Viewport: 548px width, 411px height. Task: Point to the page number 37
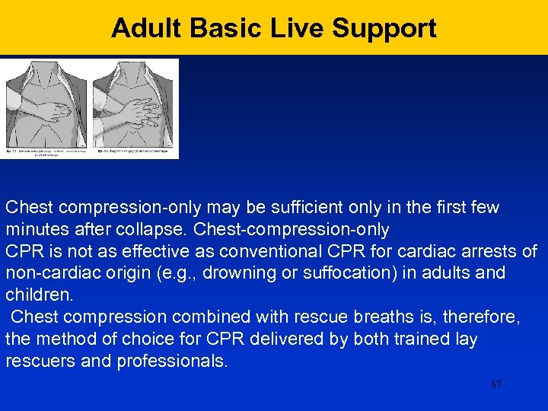(x=496, y=384)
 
